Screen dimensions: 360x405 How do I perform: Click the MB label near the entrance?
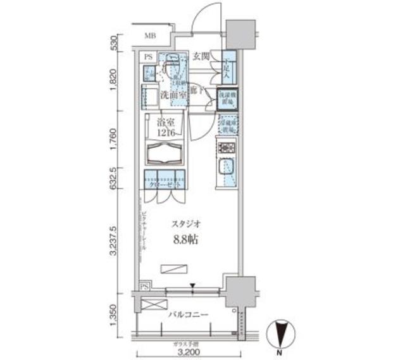(149, 35)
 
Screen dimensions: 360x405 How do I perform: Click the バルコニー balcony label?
(189, 313)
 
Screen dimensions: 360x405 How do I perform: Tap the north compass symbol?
(279, 335)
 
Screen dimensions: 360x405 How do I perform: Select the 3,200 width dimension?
(188, 352)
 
